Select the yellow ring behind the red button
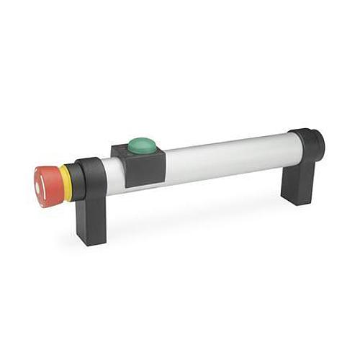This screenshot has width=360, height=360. pyautogui.click(x=66, y=183)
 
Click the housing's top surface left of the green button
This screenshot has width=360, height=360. pyautogui.click(x=121, y=149)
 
